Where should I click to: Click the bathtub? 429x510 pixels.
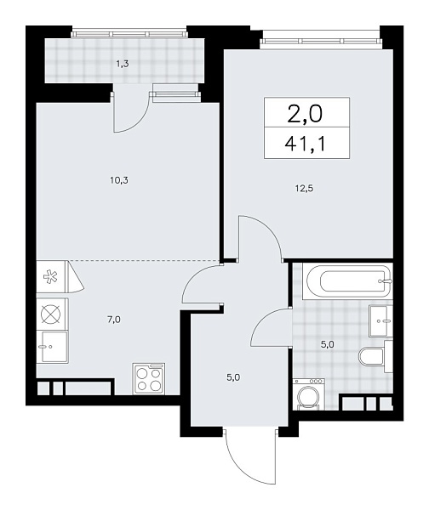point(345,280)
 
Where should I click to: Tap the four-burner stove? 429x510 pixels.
point(148,377)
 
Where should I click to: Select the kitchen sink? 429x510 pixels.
point(53,345)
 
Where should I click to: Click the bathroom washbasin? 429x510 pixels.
point(381,320)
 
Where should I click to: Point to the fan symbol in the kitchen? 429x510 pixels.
point(49,276)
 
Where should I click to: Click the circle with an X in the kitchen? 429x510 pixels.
point(49,312)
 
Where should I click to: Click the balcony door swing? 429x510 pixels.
point(132,110)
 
